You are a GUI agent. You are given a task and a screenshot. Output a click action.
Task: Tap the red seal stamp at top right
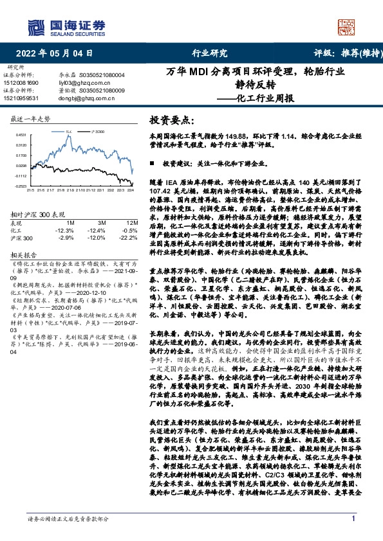[347, 28]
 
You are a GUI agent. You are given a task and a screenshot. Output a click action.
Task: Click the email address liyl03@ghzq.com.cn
[84, 83]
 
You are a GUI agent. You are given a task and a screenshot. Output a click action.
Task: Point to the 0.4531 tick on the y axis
[21, 135]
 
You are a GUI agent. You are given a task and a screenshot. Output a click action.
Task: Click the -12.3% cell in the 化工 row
[66, 229]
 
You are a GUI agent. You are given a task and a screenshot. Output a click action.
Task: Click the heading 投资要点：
[171, 120]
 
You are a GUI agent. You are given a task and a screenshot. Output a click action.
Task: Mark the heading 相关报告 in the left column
[23, 254]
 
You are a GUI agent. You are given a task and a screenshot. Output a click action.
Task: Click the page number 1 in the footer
[353, 519]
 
